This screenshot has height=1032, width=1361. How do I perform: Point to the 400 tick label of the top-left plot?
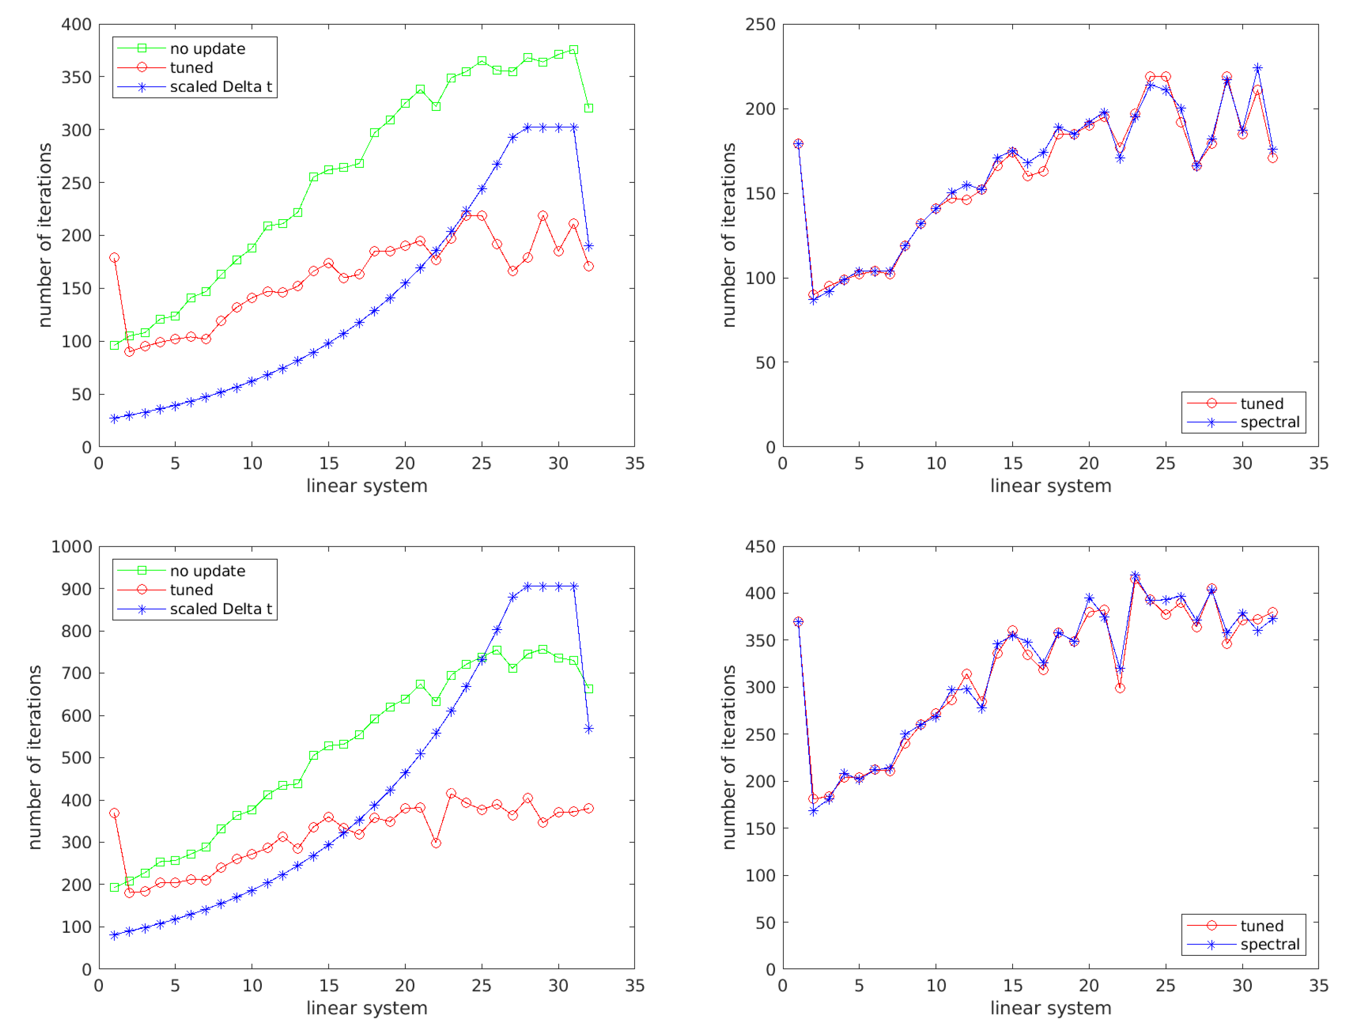pyautogui.click(x=76, y=25)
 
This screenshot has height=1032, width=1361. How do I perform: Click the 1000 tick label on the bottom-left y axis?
pyautogui.click(x=72, y=546)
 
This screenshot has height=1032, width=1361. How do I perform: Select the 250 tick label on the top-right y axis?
pyautogui.click(x=760, y=25)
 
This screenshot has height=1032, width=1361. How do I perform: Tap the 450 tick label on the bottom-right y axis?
pyautogui.click(x=760, y=546)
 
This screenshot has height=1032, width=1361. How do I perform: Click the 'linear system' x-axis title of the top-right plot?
pyautogui.click(x=1050, y=486)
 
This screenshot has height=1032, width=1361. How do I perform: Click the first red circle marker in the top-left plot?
pyautogui.click(x=115, y=258)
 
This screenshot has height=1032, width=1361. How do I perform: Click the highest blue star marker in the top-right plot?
pyautogui.click(x=1258, y=68)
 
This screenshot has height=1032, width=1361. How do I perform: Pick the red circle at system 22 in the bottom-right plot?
pyautogui.click(x=1120, y=688)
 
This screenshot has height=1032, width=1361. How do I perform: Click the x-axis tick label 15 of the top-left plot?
pyautogui.click(x=329, y=464)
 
